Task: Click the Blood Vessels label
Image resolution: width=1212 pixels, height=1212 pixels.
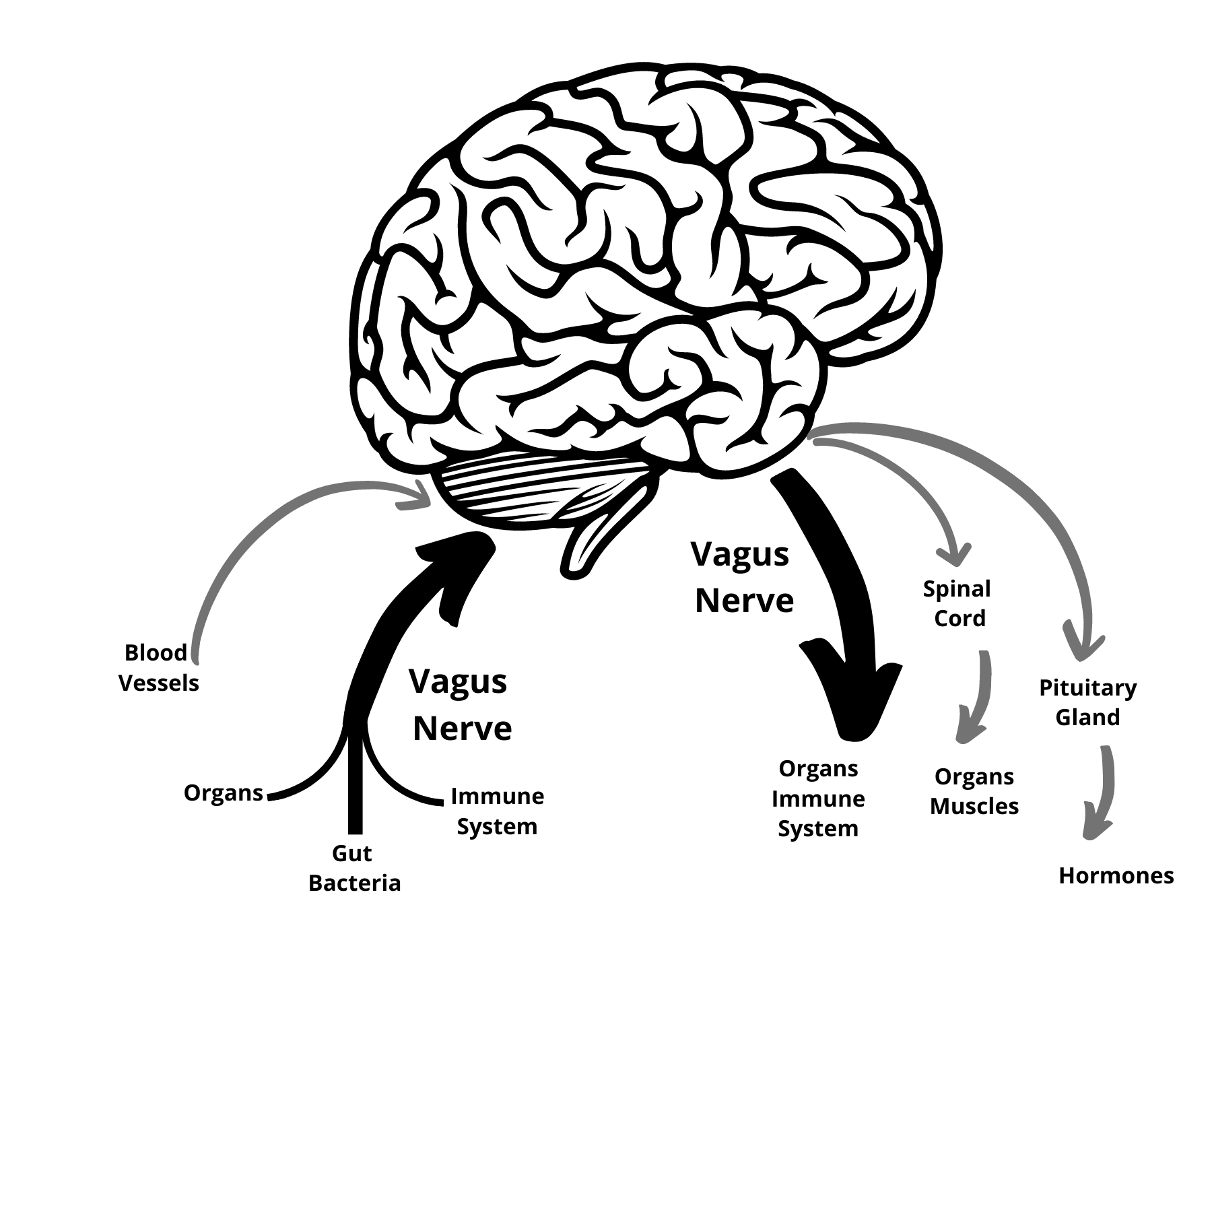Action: point(159,667)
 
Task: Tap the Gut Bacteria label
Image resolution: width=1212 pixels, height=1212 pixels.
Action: point(354,868)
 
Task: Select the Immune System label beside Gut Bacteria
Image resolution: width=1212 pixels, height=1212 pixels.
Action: point(497,811)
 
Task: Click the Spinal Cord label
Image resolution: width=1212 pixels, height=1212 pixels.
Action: point(957,603)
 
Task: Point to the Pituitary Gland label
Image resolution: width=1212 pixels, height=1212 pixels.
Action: point(1087,702)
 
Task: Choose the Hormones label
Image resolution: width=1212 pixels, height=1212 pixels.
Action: point(1116,875)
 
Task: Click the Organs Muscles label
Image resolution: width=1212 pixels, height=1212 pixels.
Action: point(974,791)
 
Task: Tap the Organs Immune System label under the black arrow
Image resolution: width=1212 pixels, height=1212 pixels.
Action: point(818,799)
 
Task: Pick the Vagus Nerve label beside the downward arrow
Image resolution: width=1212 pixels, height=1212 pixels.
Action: point(743,577)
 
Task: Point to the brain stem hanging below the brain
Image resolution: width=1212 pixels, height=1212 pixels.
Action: point(593,539)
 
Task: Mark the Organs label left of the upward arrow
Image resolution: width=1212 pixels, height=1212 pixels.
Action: point(223,793)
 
